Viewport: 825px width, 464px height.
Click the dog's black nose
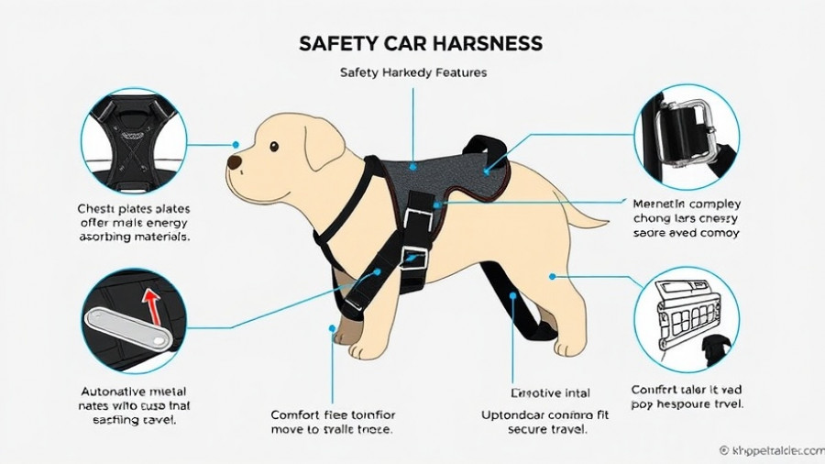[235, 163]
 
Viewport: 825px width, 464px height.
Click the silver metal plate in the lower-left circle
[128, 328]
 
